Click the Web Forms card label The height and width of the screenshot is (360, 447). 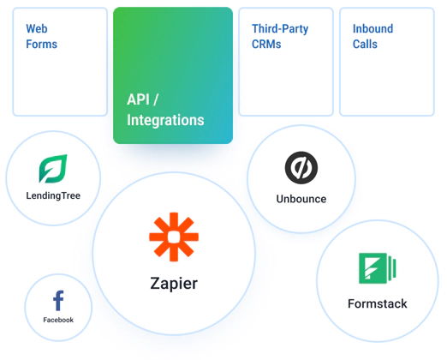(x=42, y=36)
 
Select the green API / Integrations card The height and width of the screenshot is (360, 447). (x=173, y=75)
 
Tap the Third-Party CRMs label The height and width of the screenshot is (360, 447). (x=280, y=36)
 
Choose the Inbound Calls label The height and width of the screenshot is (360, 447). (x=372, y=36)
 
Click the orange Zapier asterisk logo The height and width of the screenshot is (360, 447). (x=174, y=237)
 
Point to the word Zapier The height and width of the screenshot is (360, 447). (x=174, y=284)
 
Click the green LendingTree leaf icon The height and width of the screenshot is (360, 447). (x=53, y=169)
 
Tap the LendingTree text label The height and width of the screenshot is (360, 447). (x=53, y=195)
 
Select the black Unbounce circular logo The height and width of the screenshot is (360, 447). (x=301, y=168)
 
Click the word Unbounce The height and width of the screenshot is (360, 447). (x=301, y=199)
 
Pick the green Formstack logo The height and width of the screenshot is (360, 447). (x=378, y=268)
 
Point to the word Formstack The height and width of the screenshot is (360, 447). (x=378, y=303)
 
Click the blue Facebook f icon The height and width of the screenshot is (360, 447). (x=58, y=301)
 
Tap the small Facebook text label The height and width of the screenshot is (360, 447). (x=58, y=320)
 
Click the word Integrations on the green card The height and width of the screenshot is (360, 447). (x=165, y=120)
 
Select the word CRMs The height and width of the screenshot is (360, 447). (x=266, y=45)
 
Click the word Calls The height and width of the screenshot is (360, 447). (x=365, y=45)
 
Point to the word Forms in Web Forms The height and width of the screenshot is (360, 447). (x=42, y=45)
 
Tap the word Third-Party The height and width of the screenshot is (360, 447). (x=280, y=29)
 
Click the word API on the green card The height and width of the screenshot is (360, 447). (x=138, y=99)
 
